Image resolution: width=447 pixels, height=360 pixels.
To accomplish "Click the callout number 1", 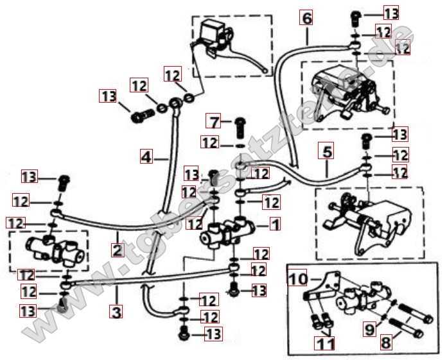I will click(275, 225).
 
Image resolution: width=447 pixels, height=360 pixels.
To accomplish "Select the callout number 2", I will click(117, 250).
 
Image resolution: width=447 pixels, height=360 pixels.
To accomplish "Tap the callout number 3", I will click(117, 313).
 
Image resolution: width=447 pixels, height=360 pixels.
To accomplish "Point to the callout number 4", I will click(146, 156).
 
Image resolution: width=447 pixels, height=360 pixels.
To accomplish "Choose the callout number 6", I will click(306, 19).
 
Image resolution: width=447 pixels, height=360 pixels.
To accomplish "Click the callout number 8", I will click(385, 343).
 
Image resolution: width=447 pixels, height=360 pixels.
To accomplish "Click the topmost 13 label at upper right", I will click(391, 12).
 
